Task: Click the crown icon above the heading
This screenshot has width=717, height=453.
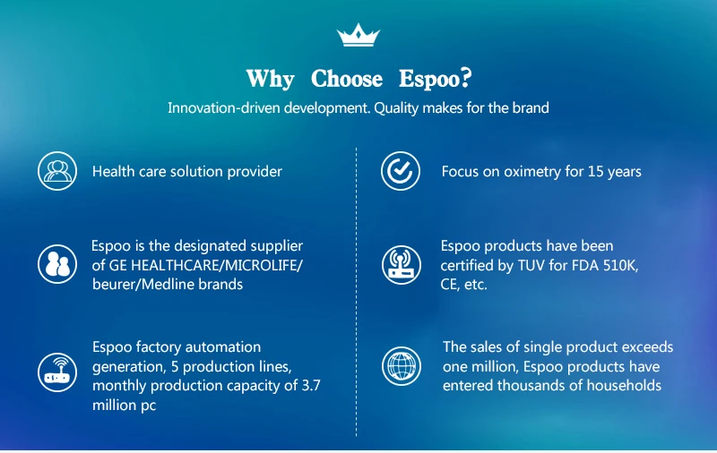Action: pyautogui.click(x=358, y=35)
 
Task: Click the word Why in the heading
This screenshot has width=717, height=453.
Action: pyautogui.click(x=271, y=79)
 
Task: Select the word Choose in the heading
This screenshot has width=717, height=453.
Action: pyautogui.click(x=347, y=79)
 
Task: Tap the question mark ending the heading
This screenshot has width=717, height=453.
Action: pyautogui.click(x=466, y=78)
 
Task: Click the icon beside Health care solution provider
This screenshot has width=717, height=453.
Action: pyautogui.click(x=57, y=171)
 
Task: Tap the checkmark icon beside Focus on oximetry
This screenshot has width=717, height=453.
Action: pyautogui.click(x=401, y=171)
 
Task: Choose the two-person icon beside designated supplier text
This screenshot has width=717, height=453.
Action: pyautogui.click(x=57, y=264)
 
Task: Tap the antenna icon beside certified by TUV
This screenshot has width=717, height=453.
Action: pyautogui.click(x=402, y=265)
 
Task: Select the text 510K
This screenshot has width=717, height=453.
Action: pyautogui.click(x=620, y=265)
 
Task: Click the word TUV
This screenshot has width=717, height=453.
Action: pyautogui.click(x=531, y=265)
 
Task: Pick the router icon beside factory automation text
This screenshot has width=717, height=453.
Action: pyautogui.click(x=57, y=372)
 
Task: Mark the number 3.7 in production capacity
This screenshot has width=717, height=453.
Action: pyautogui.click(x=311, y=386)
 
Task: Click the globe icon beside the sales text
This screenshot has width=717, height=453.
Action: pyautogui.click(x=402, y=366)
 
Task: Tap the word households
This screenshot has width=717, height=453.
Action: pyautogui.click(x=624, y=386)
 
